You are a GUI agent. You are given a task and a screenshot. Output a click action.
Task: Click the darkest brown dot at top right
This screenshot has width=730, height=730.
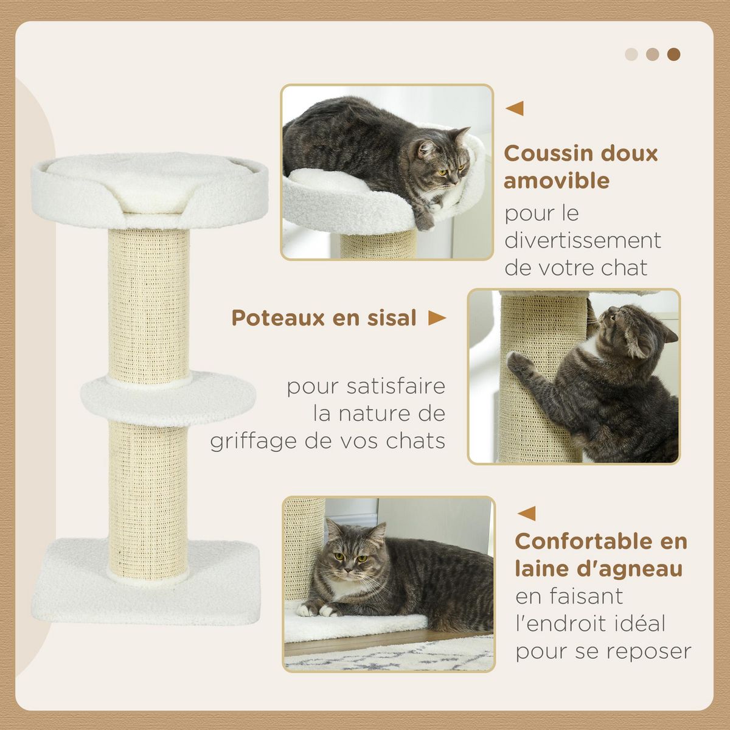tap(673, 54)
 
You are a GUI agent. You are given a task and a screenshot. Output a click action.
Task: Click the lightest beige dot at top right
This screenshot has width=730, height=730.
tap(631, 54)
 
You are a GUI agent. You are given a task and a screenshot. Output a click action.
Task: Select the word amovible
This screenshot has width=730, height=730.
tap(557, 181)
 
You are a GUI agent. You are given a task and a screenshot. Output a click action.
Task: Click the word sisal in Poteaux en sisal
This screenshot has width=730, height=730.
tap(388, 318)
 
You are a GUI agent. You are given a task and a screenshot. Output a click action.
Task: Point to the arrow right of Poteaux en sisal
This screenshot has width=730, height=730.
tap(437, 318)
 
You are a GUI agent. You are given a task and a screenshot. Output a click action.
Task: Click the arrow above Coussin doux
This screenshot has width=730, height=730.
tap(515, 109)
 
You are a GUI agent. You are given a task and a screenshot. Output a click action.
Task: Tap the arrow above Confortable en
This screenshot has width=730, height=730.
tap(526, 513)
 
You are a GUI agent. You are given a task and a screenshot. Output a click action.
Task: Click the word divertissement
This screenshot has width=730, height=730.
tap(583, 240)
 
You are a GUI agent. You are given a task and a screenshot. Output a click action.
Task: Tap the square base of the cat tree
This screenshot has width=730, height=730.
tap(146, 590)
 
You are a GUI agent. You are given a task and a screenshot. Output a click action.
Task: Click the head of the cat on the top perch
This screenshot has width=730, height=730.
tap(439, 161)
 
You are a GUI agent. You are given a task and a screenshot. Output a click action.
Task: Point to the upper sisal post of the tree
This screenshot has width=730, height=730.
tap(148, 298)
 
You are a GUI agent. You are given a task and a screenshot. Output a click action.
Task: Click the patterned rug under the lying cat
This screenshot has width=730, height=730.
tap(389, 656)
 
